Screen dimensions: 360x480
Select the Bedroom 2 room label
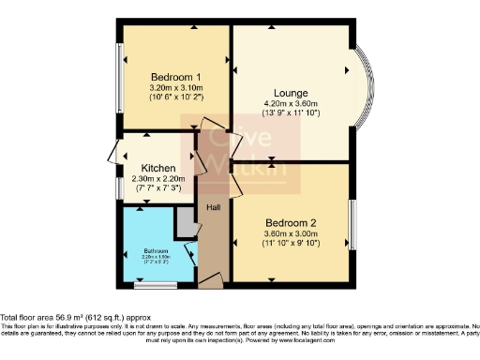click(292, 222)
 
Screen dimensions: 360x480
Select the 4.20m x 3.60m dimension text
click(292, 103)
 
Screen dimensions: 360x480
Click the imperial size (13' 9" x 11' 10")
click(292, 113)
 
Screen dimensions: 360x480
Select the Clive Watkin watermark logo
click(239, 152)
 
